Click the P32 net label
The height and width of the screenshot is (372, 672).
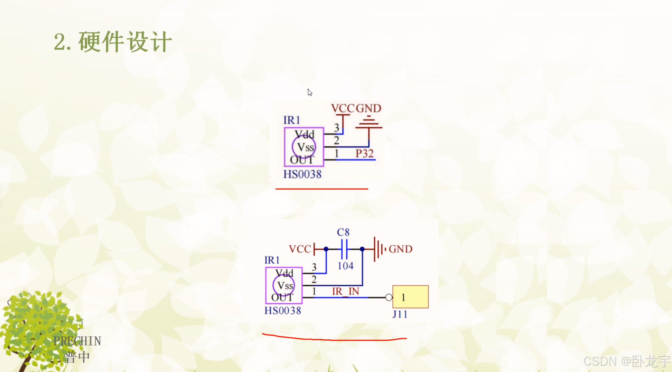point(364,154)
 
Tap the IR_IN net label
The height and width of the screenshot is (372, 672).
point(345,291)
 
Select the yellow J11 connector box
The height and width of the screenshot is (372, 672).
point(410,297)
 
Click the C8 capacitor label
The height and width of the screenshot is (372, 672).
point(343,232)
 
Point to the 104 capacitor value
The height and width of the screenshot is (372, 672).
point(345,266)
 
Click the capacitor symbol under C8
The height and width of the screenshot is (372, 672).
point(344,249)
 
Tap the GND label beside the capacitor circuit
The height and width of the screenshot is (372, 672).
point(401,249)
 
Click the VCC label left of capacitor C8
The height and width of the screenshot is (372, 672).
point(300,249)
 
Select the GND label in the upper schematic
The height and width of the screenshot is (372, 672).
point(369,108)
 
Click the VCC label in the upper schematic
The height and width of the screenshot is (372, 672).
point(343,108)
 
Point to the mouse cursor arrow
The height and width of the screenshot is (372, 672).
point(310,92)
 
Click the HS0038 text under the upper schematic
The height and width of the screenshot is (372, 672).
point(302,174)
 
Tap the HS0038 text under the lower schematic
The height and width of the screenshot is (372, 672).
point(283,310)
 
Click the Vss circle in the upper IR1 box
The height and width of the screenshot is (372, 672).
point(304,147)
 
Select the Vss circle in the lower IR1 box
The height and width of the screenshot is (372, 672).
point(283,285)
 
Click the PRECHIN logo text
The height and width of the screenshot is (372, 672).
point(77,341)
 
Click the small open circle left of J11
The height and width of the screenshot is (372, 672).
point(389,297)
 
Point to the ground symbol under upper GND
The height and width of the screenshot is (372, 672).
point(369,123)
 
